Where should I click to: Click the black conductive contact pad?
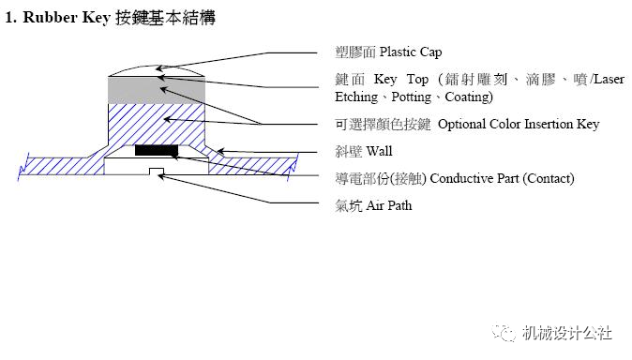coord(157,150)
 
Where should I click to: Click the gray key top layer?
coord(157,90)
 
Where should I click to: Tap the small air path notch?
coord(157,172)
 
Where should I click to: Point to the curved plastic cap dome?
coord(157,71)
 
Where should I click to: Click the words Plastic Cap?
coord(411,52)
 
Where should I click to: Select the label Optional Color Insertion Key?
coord(519,124)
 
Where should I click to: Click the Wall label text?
coord(380,151)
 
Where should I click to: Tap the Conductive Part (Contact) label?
coord(502,178)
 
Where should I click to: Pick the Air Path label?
coord(389,205)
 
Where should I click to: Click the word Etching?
coord(356,97)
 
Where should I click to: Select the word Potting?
coord(412,97)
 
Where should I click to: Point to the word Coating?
coord(467,97)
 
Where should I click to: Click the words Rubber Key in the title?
coord(67,17)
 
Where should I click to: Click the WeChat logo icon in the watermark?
coord(504,333)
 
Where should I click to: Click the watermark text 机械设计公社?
coord(566,333)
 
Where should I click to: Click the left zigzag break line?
coord(23,167)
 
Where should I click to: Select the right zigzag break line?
coord(293,167)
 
